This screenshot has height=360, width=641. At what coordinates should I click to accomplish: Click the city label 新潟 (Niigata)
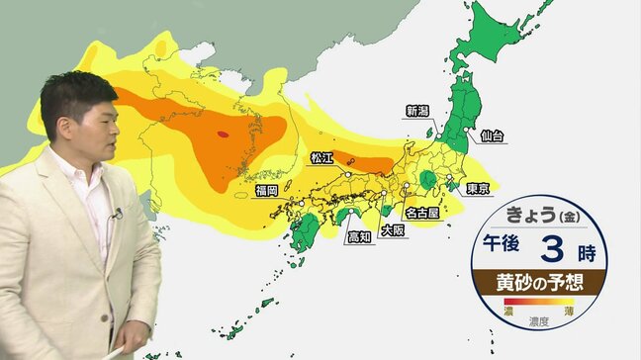pos(417,111)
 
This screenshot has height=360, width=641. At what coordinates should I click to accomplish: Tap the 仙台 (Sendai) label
pos(493,134)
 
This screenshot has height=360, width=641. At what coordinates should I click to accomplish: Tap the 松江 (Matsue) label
pos(322,157)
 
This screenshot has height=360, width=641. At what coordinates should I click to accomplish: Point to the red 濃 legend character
pos(508,312)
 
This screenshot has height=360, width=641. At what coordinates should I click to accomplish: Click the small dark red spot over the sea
pos(223,132)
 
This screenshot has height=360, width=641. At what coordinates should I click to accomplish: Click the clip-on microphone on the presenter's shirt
pos(117,214)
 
